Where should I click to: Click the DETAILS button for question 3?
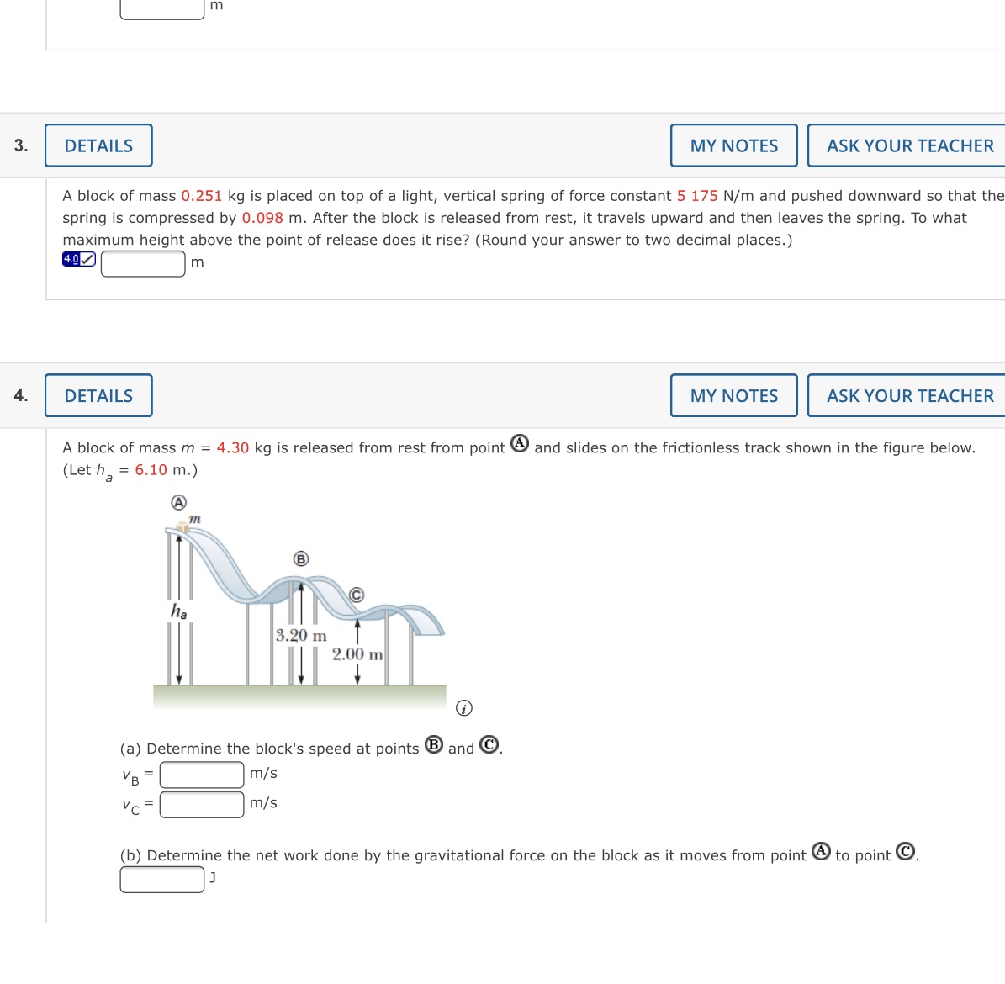(98, 145)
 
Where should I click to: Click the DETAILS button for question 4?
(98, 395)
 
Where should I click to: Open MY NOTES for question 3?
(733, 145)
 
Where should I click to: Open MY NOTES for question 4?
(733, 395)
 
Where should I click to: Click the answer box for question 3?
(143, 263)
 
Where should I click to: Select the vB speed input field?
(202, 775)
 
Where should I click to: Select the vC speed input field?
(202, 805)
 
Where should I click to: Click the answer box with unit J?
(162, 879)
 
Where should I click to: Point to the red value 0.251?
(201, 196)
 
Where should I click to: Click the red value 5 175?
(697, 196)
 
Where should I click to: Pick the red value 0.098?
(262, 218)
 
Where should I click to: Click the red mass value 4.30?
(233, 448)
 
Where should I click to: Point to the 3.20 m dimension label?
(301, 636)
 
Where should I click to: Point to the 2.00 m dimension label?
(357, 654)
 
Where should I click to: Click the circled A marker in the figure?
(178, 502)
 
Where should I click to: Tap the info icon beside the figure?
(463, 708)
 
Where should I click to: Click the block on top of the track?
(182, 527)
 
